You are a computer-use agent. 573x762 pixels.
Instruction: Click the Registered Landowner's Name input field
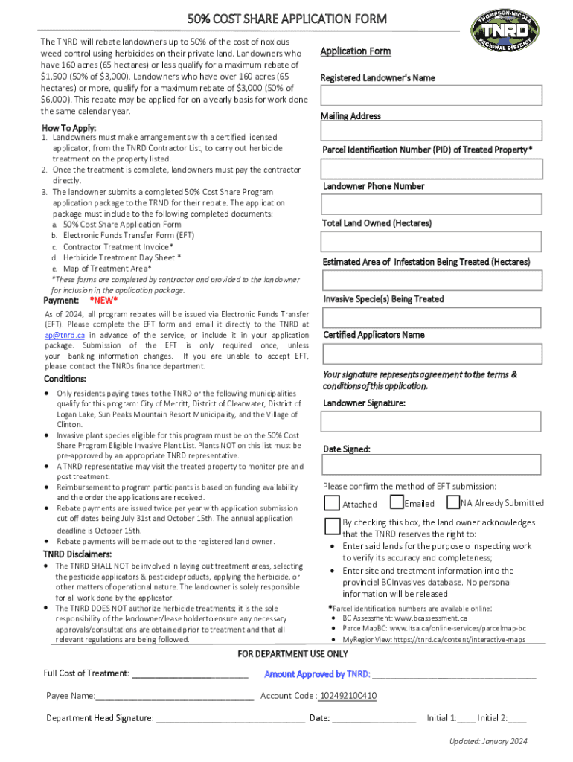coord(431,95)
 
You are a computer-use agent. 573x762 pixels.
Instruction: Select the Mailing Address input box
coord(431,132)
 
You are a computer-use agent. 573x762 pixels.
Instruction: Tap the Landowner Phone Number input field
coord(431,205)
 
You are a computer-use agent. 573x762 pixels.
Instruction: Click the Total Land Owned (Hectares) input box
coord(431,242)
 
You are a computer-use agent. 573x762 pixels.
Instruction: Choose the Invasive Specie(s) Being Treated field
coord(431,317)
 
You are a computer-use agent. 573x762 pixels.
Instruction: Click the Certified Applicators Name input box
coord(431,353)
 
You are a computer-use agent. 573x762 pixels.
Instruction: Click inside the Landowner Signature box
coord(431,422)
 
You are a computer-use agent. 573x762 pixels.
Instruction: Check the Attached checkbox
coord(332,504)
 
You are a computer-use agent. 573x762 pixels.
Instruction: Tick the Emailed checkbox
coord(397,503)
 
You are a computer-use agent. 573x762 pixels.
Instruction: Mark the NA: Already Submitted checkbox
coord(452,503)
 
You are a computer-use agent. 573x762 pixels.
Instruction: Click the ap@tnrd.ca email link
coord(63,336)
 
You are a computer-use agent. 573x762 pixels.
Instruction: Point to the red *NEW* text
coord(103,301)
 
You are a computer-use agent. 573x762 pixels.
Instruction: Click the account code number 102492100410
coord(348,697)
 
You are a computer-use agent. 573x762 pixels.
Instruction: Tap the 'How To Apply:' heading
coord(68,128)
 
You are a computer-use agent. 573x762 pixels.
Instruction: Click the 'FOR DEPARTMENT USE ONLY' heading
coord(292,654)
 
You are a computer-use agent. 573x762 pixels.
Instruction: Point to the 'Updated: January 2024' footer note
coord(487,742)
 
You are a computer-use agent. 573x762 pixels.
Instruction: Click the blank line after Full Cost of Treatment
coord(190,674)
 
